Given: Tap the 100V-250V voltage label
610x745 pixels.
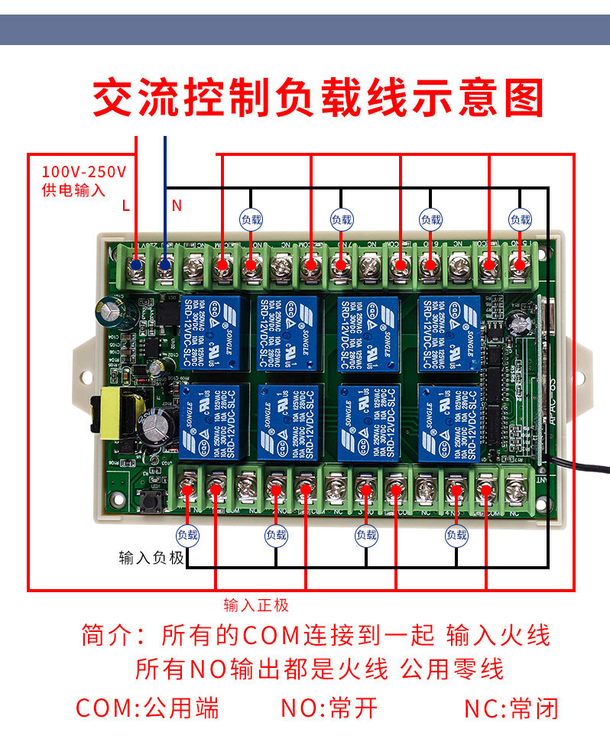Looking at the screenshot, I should coord(84,172).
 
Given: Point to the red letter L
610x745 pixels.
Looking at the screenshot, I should coord(126,205).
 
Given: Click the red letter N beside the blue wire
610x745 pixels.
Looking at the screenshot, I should coord(177,205).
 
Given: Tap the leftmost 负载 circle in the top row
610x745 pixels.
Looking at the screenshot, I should coord(251,219).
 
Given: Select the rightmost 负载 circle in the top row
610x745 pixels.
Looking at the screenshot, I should coord(520,219).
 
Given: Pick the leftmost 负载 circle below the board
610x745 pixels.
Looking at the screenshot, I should coord(187,535).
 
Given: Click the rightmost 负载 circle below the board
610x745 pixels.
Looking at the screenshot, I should coord(456,535).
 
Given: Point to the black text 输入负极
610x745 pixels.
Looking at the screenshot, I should coord(151,558).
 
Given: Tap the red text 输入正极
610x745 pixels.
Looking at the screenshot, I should coord(256,605).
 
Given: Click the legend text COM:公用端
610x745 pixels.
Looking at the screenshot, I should coord(148,708).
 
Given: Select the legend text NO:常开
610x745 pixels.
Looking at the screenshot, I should coord(329,708).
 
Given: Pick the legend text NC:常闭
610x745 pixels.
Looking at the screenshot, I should coord(511,708).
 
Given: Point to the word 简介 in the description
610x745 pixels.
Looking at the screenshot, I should coord(104,635).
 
